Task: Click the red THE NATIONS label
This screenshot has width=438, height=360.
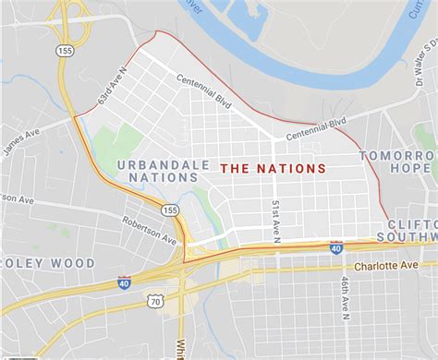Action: [x=273, y=169]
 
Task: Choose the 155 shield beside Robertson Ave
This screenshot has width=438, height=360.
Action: [x=169, y=211]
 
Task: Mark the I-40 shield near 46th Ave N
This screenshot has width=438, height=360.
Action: [x=336, y=247]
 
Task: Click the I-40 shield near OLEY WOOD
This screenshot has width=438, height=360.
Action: [x=124, y=282]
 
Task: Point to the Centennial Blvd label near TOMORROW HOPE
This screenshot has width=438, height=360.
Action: [x=316, y=127]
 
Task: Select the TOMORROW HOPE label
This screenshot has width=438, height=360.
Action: [x=398, y=162]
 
